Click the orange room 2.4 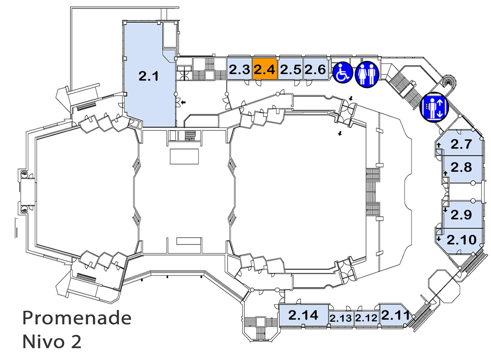[265, 69]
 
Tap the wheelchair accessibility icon [343, 73]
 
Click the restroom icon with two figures [367, 74]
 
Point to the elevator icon [434, 107]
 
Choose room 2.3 [239, 69]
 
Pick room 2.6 [316, 69]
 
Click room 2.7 [460, 144]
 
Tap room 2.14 [303, 315]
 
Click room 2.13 [341, 318]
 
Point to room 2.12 [366, 318]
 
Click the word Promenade [77, 318]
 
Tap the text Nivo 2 [52, 341]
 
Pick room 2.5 [290, 69]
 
